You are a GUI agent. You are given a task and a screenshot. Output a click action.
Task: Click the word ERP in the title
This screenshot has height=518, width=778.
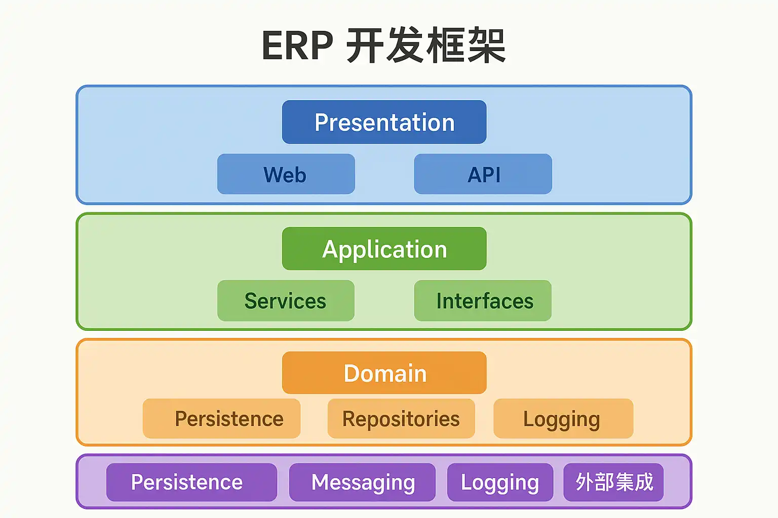click(297, 46)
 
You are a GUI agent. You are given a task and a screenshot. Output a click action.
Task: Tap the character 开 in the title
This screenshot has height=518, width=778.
click(365, 46)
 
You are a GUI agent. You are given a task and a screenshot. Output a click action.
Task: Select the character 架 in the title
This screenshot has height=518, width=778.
click(486, 46)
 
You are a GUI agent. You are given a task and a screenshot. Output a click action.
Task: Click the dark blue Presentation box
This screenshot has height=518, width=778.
click(384, 122)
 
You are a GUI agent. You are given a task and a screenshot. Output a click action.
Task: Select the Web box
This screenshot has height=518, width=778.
click(286, 174)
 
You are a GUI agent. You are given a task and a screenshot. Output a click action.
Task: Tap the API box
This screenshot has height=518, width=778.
click(483, 174)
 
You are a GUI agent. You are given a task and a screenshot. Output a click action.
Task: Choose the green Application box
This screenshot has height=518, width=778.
click(384, 248)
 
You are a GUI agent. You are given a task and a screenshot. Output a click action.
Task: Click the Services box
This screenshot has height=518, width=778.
click(286, 300)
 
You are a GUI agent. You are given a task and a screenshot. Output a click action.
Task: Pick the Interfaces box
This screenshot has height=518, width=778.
click(483, 300)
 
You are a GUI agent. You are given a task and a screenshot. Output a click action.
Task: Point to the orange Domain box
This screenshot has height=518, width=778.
click(384, 373)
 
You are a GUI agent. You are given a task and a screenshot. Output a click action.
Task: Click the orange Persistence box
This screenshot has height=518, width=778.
click(221, 418)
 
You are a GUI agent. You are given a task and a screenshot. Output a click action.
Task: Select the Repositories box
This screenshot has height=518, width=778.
click(401, 418)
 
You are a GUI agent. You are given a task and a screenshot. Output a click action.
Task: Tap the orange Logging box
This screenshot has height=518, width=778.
click(563, 418)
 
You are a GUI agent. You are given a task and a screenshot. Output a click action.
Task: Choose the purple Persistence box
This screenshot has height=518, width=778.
click(191, 482)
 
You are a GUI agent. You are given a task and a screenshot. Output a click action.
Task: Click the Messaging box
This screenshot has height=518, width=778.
click(362, 482)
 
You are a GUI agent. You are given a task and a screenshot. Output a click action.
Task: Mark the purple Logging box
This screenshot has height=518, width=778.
click(500, 482)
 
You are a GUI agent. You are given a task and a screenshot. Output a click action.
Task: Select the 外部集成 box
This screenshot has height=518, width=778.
click(613, 482)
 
